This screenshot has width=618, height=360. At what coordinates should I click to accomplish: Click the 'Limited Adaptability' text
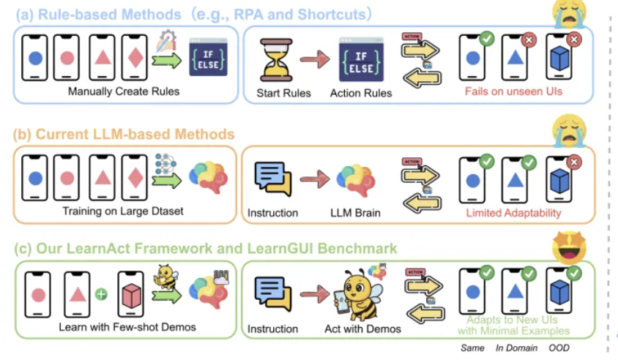(x=513, y=213)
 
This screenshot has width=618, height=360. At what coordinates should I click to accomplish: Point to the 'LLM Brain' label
(x=355, y=213)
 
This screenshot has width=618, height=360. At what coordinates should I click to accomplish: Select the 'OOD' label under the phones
(x=559, y=348)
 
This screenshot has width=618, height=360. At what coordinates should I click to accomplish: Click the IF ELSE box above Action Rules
(x=361, y=60)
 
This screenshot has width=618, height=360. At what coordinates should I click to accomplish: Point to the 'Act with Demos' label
(x=362, y=329)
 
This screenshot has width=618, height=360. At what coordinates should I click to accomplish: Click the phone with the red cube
(x=131, y=295)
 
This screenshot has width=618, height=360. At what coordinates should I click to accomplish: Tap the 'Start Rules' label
(x=283, y=93)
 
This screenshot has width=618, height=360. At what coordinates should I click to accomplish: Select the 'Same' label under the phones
(x=473, y=348)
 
